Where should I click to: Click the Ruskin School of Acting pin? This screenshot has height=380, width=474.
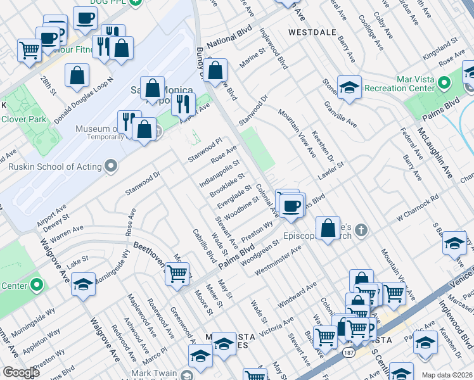coord(112,167)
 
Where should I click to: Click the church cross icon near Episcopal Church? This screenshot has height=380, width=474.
coord(362,229)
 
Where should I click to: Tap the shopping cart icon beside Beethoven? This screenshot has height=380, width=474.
coord(177,273)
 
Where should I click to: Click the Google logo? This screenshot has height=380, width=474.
coord(21,372)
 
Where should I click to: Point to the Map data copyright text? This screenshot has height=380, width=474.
coord(446,375)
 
